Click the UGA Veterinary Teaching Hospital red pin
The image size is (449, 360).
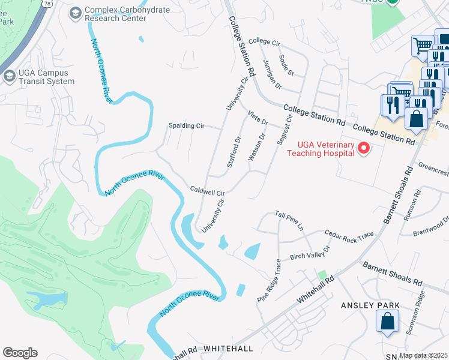tap(363, 148)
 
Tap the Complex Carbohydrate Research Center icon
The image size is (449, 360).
tap(76, 13)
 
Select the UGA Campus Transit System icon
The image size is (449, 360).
tap(9, 76)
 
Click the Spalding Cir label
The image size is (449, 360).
tap(187, 126)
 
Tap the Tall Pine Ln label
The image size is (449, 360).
tap(290, 214)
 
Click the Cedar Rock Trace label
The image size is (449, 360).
tap(349, 236)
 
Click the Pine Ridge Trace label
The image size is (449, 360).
tap(270, 281)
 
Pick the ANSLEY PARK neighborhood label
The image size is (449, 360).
tap(370, 305)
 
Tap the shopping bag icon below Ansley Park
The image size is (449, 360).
tap(388, 321)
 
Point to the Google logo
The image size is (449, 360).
tap(20, 352)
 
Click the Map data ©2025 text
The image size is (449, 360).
tap(423, 355)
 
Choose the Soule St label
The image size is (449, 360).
tap(286, 65)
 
